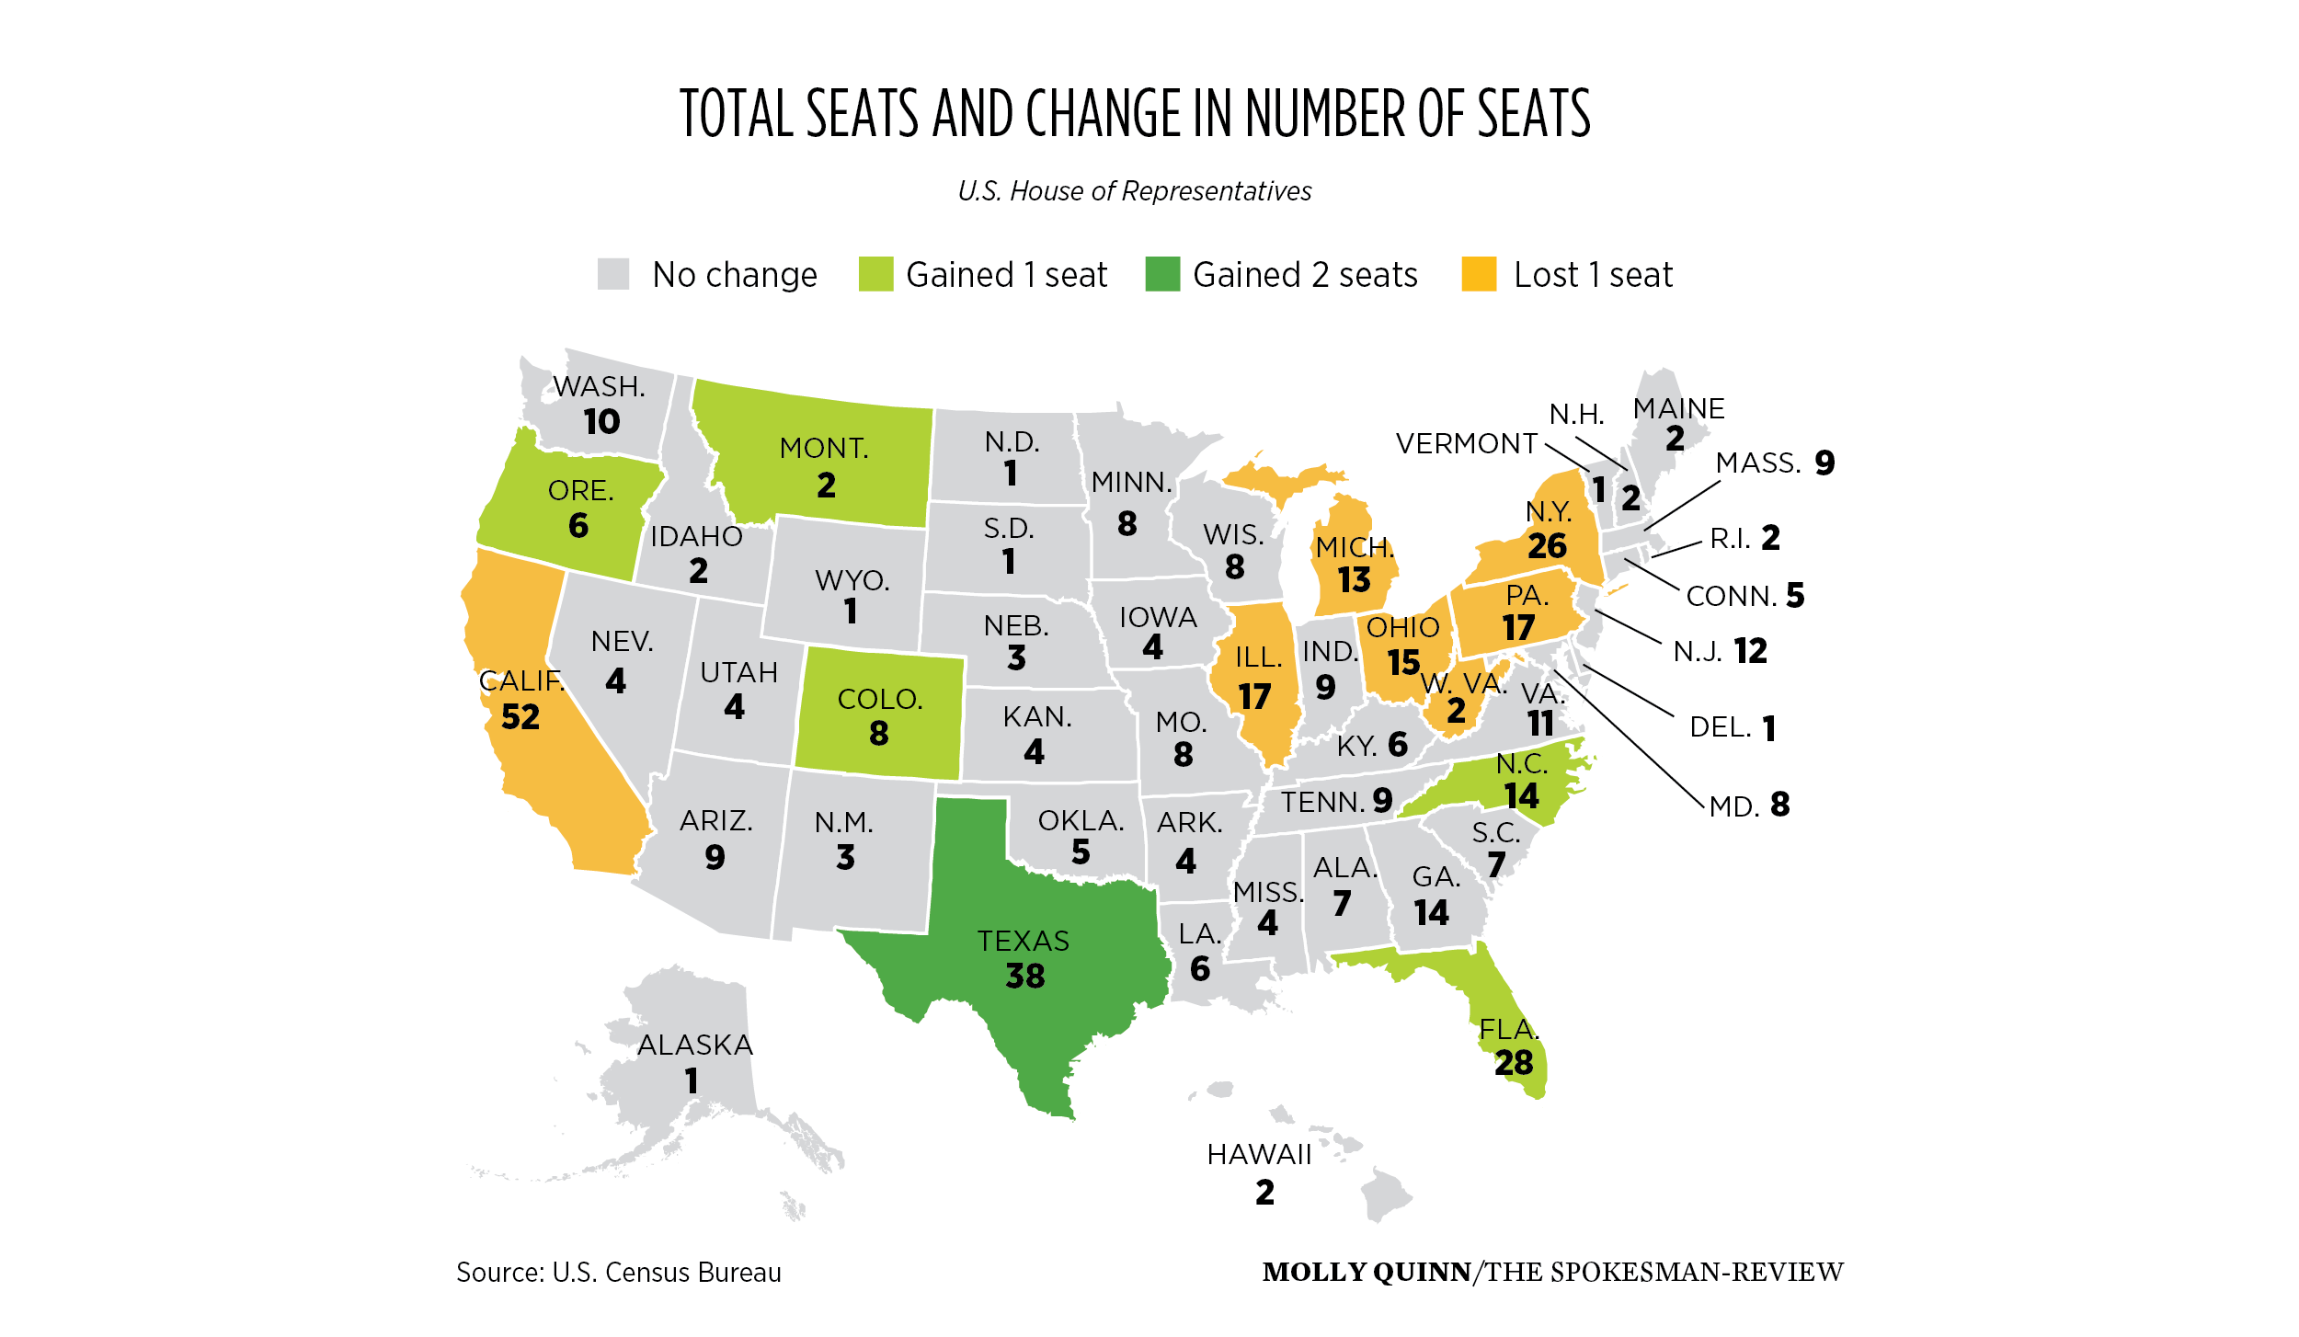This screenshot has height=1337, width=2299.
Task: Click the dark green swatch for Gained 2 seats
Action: click(1161, 274)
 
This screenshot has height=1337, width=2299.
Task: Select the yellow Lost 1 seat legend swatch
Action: click(1479, 274)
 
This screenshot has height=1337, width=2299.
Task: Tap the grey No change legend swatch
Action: click(613, 274)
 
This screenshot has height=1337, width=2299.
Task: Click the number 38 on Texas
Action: click(1024, 976)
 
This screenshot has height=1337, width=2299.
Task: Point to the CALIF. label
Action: click(521, 680)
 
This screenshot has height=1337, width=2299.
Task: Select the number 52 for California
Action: click(520, 717)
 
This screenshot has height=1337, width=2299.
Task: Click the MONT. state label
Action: click(824, 448)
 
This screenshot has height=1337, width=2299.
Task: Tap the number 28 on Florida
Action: click(1514, 1063)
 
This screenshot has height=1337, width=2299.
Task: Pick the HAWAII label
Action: click(1259, 1154)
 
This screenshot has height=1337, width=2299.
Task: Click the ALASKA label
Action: click(695, 1045)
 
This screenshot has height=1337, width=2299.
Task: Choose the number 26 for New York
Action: click(1547, 546)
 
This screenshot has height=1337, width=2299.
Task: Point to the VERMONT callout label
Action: click(1467, 443)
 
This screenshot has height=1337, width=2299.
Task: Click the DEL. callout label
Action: click(1720, 727)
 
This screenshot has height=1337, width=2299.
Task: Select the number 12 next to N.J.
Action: click(1750, 651)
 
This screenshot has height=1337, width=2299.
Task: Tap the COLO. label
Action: click(880, 699)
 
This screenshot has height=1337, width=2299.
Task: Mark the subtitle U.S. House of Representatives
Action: click(1135, 191)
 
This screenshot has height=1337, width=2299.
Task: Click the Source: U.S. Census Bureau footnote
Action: click(618, 1272)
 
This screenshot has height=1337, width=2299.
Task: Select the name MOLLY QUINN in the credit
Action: click(1366, 1272)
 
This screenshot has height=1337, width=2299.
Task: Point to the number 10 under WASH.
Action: click(601, 422)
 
